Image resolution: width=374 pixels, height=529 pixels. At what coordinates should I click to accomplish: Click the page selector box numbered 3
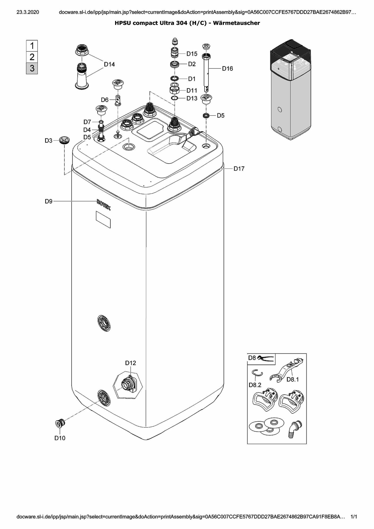click(x=32, y=68)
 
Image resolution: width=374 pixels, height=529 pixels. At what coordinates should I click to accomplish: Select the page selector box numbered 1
click(x=32, y=46)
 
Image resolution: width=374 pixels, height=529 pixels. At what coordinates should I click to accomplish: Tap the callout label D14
click(x=109, y=64)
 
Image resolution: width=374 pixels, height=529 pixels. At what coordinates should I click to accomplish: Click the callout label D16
click(x=227, y=69)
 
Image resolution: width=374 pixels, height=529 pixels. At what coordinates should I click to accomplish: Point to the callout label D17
click(x=239, y=169)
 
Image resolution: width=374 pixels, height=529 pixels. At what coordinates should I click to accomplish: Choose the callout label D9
click(x=49, y=202)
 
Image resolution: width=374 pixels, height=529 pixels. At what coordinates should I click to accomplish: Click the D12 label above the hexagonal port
click(x=131, y=363)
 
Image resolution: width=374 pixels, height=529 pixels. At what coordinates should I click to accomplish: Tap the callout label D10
click(x=60, y=438)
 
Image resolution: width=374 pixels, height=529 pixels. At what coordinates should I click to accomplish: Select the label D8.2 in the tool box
click(x=255, y=385)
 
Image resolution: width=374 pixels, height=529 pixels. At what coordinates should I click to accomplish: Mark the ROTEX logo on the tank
click(x=104, y=205)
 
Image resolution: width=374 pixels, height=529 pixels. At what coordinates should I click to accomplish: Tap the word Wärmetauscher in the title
click(x=236, y=23)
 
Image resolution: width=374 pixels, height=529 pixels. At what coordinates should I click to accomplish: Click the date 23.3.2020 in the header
click(x=28, y=12)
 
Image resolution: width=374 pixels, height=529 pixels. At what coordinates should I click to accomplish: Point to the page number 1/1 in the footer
click(x=354, y=517)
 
